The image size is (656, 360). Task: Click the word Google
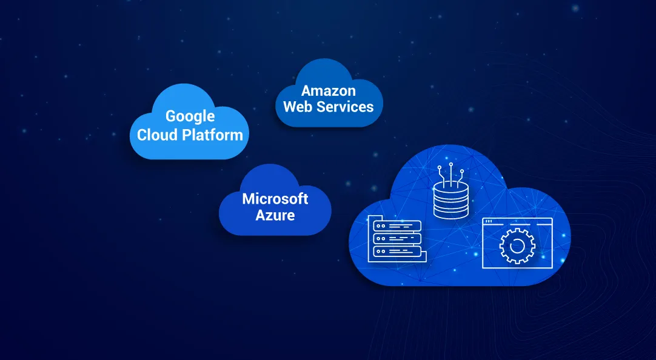click(190, 116)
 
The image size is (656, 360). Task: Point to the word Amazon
click(329, 91)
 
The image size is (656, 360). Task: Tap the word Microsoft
click(275, 199)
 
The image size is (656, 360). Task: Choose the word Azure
click(275, 215)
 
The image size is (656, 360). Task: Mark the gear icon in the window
click(517, 246)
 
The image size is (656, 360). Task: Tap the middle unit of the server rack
click(394, 238)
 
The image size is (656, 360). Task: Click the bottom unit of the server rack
click(394, 250)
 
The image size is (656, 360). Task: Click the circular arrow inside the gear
click(517, 246)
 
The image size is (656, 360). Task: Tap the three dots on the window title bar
click(488, 222)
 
